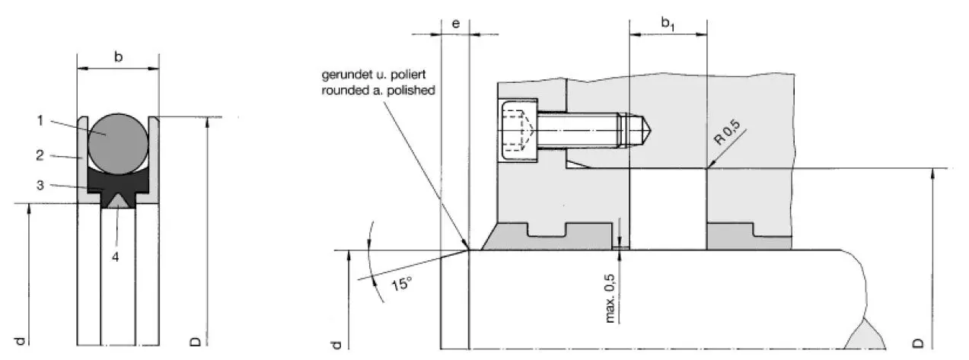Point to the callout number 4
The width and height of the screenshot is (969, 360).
[x=116, y=256]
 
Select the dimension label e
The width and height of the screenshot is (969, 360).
[x=455, y=23]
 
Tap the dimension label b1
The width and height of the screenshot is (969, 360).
[x=668, y=24]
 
